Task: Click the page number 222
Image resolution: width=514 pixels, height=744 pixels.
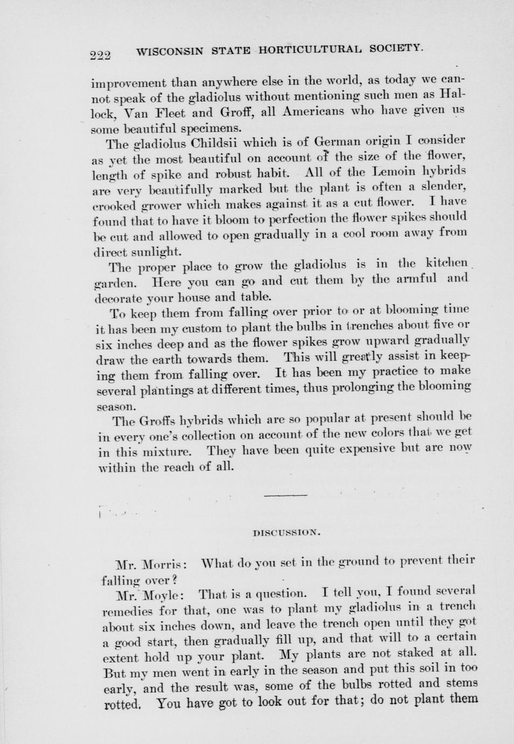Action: click(x=100, y=55)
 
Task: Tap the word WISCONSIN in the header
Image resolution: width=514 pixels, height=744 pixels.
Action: click(x=170, y=52)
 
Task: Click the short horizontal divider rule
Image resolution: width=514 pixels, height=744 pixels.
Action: click(x=286, y=494)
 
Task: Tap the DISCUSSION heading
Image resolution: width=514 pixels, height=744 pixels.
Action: click(x=286, y=533)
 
